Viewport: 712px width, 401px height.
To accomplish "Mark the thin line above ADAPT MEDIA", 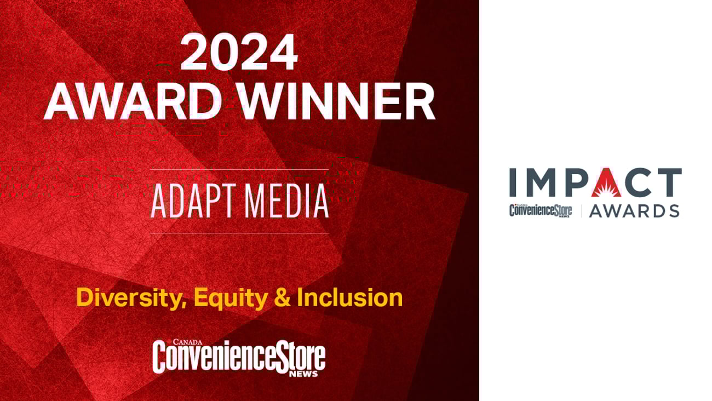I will pyautogui.click(x=239, y=170).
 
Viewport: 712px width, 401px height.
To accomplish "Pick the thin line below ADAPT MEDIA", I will pyautogui.click(x=239, y=233).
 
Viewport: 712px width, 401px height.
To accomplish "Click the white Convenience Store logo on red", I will pyautogui.click(x=239, y=357).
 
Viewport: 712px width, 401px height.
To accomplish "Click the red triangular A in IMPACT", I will pyautogui.click(x=606, y=182).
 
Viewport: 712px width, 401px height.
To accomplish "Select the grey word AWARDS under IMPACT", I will pyautogui.click(x=634, y=211).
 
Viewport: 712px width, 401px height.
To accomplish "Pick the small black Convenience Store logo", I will pyautogui.click(x=541, y=210).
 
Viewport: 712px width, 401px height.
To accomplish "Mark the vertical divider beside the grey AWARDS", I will pyautogui.click(x=581, y=210).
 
